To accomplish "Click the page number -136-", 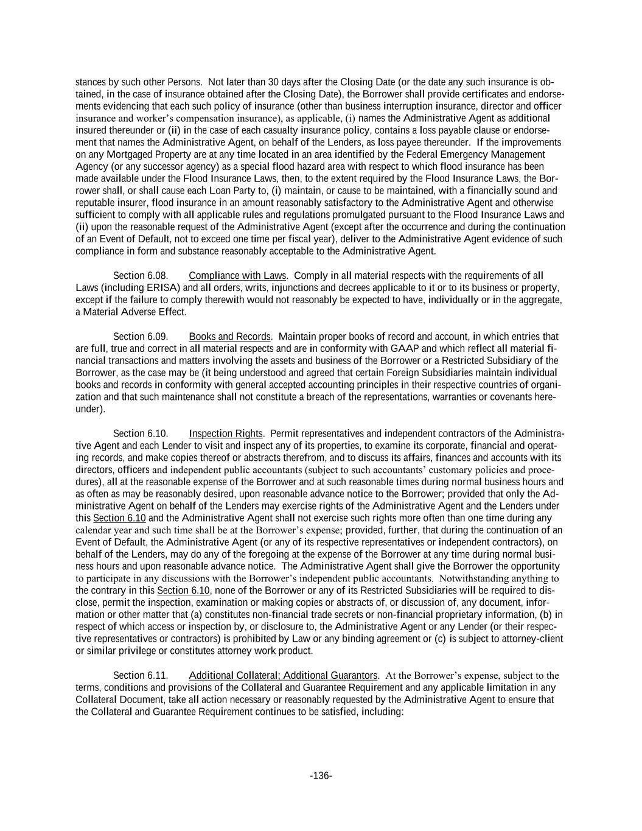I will (x=321, y=776).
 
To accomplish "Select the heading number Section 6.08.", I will (x=141, y=276).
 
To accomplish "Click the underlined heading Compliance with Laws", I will (x=237, y=276).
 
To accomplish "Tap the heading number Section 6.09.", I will (x=141, y=337).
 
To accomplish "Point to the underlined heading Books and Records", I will (x=229, y=337).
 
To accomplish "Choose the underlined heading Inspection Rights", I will (x=226, y=433).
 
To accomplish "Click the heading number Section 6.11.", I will (x=141, y=676).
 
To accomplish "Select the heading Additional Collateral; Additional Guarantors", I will (x=283, y=676).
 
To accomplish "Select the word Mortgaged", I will (x=132, y=155).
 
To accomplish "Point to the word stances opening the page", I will (x=91, y=82).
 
